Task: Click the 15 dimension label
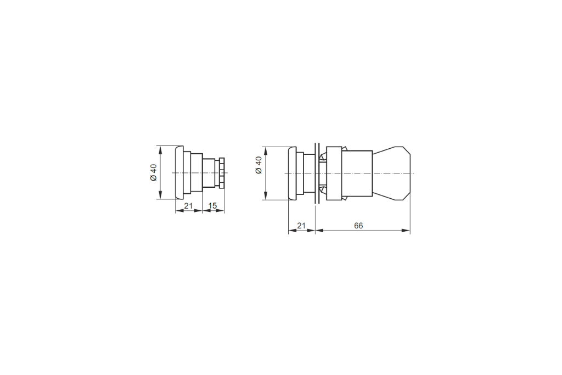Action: [x=212, y=206]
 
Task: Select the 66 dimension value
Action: [x=358, y=226]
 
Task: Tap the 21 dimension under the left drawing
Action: [x=188, y=206]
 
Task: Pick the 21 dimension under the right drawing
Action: [x=301, y=226]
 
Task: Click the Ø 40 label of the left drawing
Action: [x=154, y=172]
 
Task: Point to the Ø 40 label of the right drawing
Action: [x=259, y=165]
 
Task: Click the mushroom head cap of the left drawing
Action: [x=179, y=172]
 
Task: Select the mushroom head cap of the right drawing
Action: [x=292, y=173]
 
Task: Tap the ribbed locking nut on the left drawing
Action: [x=222, y=172]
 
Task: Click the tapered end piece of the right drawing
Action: [x=391, y=173]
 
